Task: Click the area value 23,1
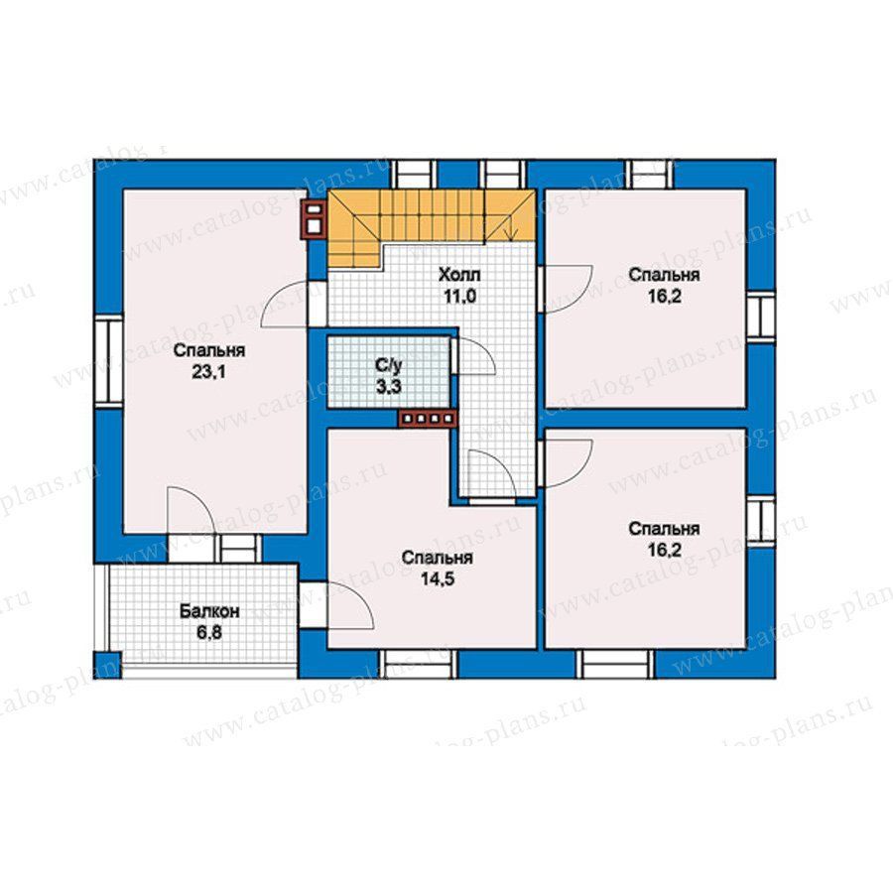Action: (209, 372)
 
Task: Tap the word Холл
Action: (459, 275)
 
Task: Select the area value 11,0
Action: (459, 297)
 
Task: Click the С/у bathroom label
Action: (388, 364)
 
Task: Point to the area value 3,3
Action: (388, 387)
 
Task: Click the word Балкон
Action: (209, 611)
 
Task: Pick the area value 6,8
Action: (209, 633)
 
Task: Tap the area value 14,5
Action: (437, 579)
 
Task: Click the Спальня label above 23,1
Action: (209, 350)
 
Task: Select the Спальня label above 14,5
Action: (437, 558)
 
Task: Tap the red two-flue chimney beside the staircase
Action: (314, 218)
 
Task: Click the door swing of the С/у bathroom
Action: (474, 356)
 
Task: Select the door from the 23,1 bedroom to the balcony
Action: (191, 511)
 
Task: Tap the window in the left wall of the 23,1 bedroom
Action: (109, 360)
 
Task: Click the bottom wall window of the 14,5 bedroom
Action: (419, 664)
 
